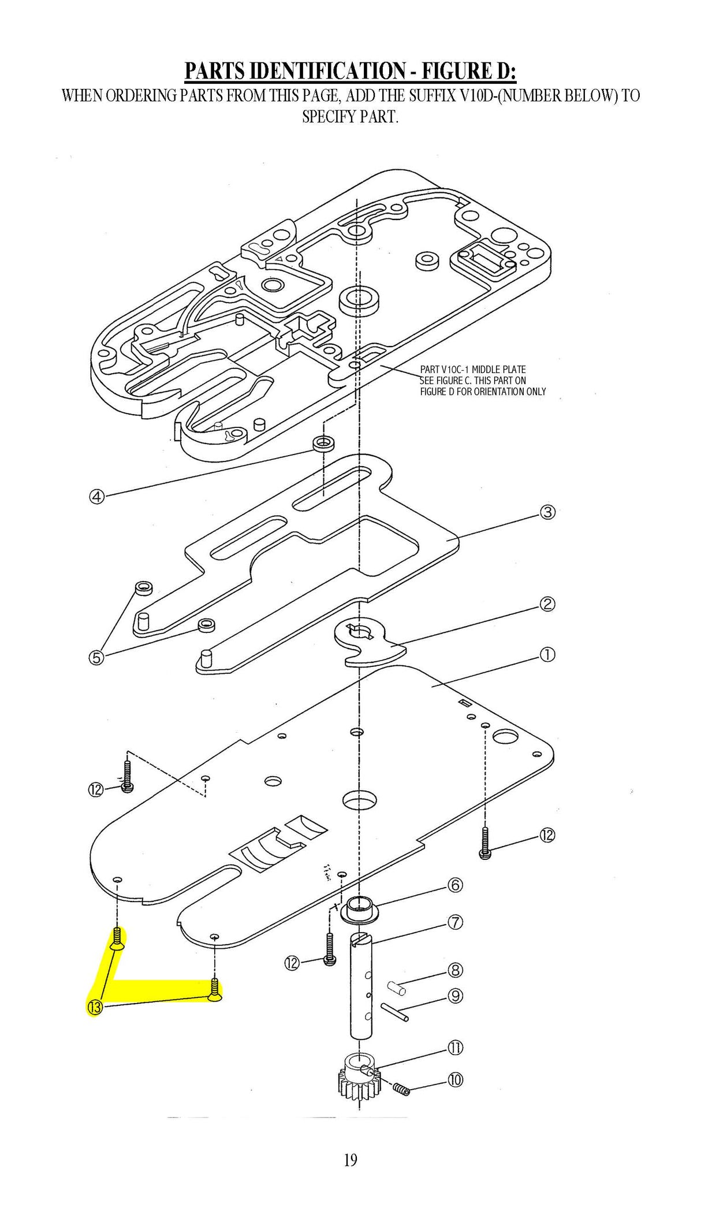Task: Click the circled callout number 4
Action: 96,496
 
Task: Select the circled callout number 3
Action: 547,512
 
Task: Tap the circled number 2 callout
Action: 547,604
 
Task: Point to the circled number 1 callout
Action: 547,654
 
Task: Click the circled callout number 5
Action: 96,657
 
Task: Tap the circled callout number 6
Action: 456,885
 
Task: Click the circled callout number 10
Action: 456,1079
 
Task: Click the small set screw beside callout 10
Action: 401,1089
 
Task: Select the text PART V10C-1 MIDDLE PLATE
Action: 472,370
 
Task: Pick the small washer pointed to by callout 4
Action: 324,445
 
